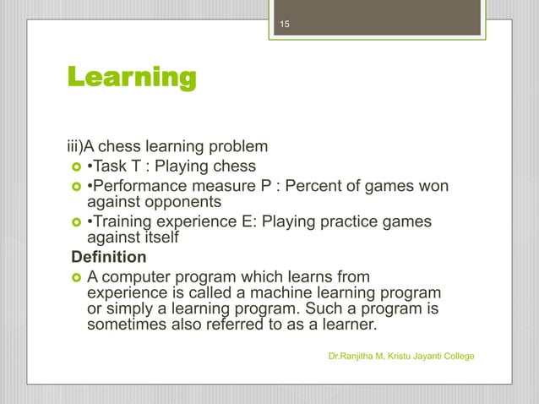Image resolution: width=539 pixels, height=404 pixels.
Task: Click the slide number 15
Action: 285,25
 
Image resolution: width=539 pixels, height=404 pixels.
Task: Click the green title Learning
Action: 132,79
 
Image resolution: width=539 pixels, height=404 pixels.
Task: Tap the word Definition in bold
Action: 108,256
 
